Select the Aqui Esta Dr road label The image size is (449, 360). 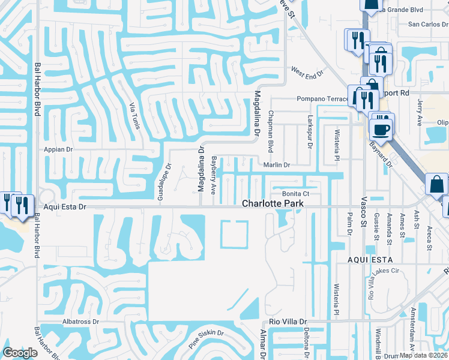coord(62,206)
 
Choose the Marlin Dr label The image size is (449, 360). coord(276,165)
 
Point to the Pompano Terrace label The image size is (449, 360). coord(322,98)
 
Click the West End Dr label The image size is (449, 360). coord(307,73)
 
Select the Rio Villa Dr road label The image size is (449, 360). coord(288,322)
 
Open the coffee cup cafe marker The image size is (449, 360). coord(381,129)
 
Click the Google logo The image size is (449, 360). coord(20,353)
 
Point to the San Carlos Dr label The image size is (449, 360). coord(427,25)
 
